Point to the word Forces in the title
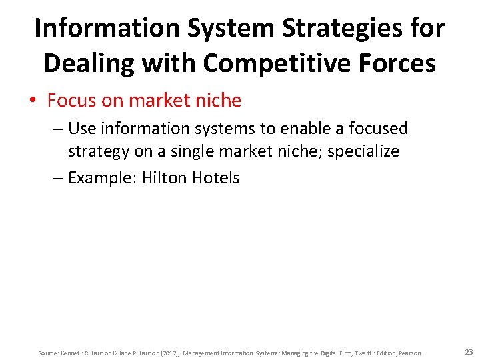point(399,63)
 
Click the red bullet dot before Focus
point(33,101)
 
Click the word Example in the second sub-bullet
point(102,178)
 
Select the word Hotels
point(215,178)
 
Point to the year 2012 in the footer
point(168,353)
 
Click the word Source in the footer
point(47,353)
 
